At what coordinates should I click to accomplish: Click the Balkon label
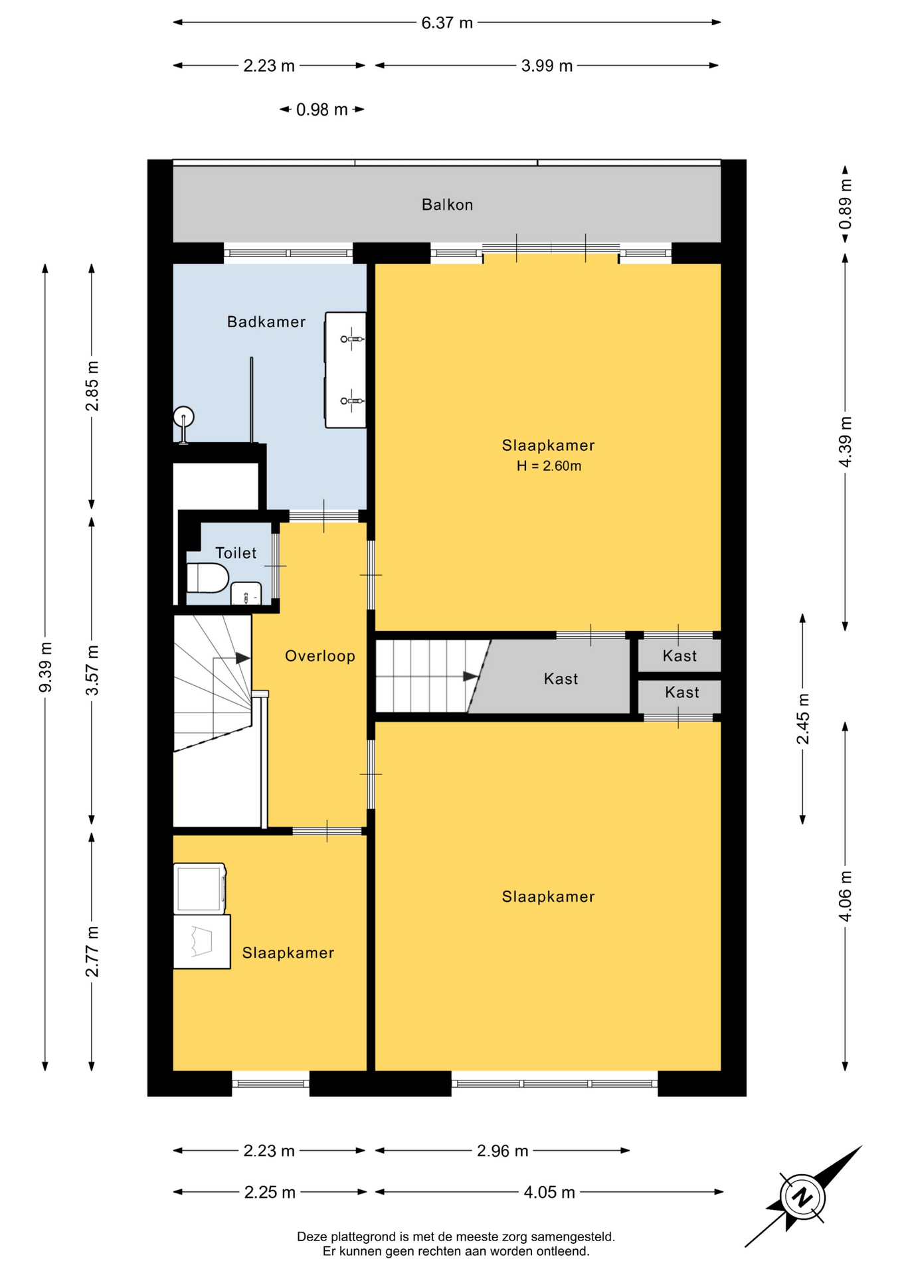pos(447,205)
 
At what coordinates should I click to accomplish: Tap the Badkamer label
pos(266,322)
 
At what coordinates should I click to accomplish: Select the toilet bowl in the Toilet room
pos(207,578)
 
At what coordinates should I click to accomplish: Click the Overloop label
pos(320,656)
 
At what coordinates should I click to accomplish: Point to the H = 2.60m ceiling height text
pos(549,466)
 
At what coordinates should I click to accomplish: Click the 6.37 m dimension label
pos(447,23)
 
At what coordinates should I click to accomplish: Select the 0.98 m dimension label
pos(322,110)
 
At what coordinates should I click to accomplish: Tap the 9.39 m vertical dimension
pos(45,667)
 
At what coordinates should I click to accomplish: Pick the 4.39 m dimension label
pos(845,442)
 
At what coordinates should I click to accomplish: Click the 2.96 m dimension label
pos(503,1151)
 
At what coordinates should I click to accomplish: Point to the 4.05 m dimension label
pos(549,1193)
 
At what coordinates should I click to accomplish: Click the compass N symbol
pos(803,1197)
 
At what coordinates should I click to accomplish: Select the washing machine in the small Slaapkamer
pos(200,889)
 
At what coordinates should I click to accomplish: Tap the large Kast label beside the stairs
pos(561,679)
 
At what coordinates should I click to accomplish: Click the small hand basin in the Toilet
pos(246,594)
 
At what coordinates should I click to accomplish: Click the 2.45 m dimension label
pos(803,719)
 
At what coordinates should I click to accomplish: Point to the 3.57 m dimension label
pos(92,670)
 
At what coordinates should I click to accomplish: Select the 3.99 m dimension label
pos(547,66)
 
